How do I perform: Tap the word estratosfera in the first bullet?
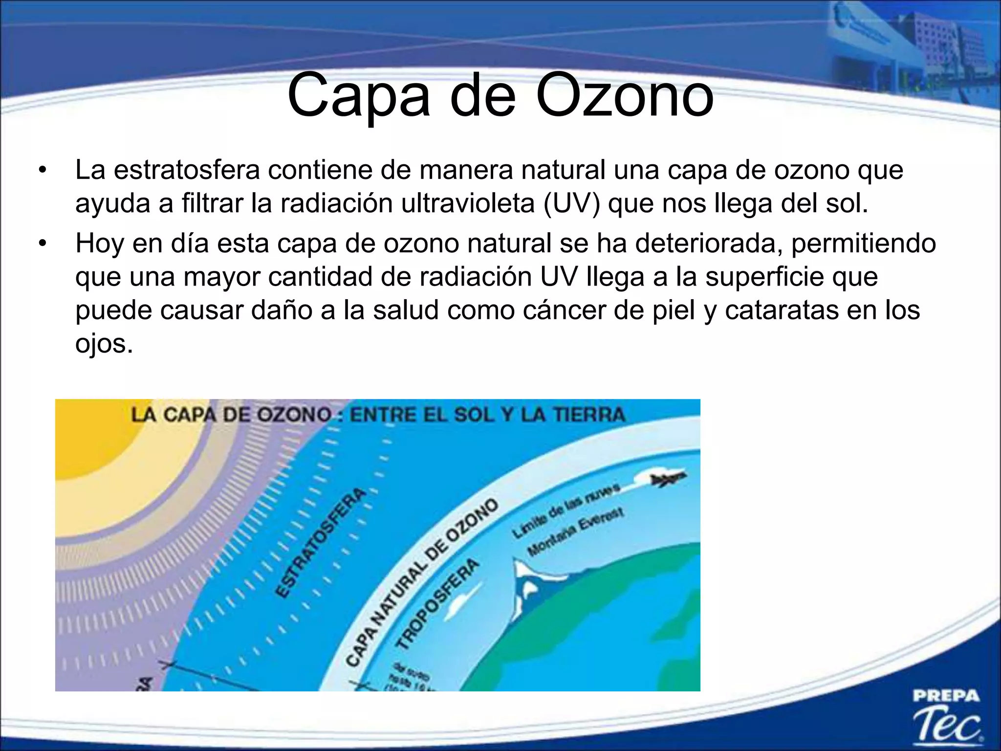(x=187, y=170)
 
